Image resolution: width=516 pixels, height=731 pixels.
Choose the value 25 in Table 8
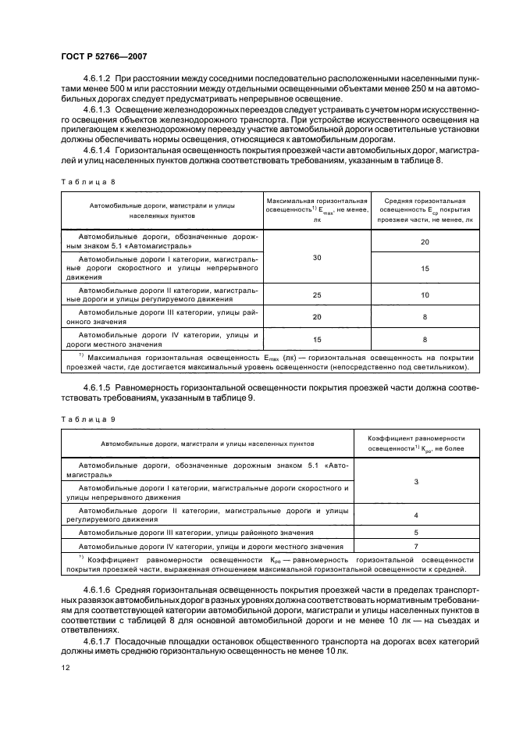(317, 295)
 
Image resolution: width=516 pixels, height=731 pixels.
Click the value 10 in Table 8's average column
(425, 295)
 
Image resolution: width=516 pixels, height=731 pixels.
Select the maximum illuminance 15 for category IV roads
(317, 340)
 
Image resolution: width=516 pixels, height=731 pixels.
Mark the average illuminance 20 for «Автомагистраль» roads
(425, 242)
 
